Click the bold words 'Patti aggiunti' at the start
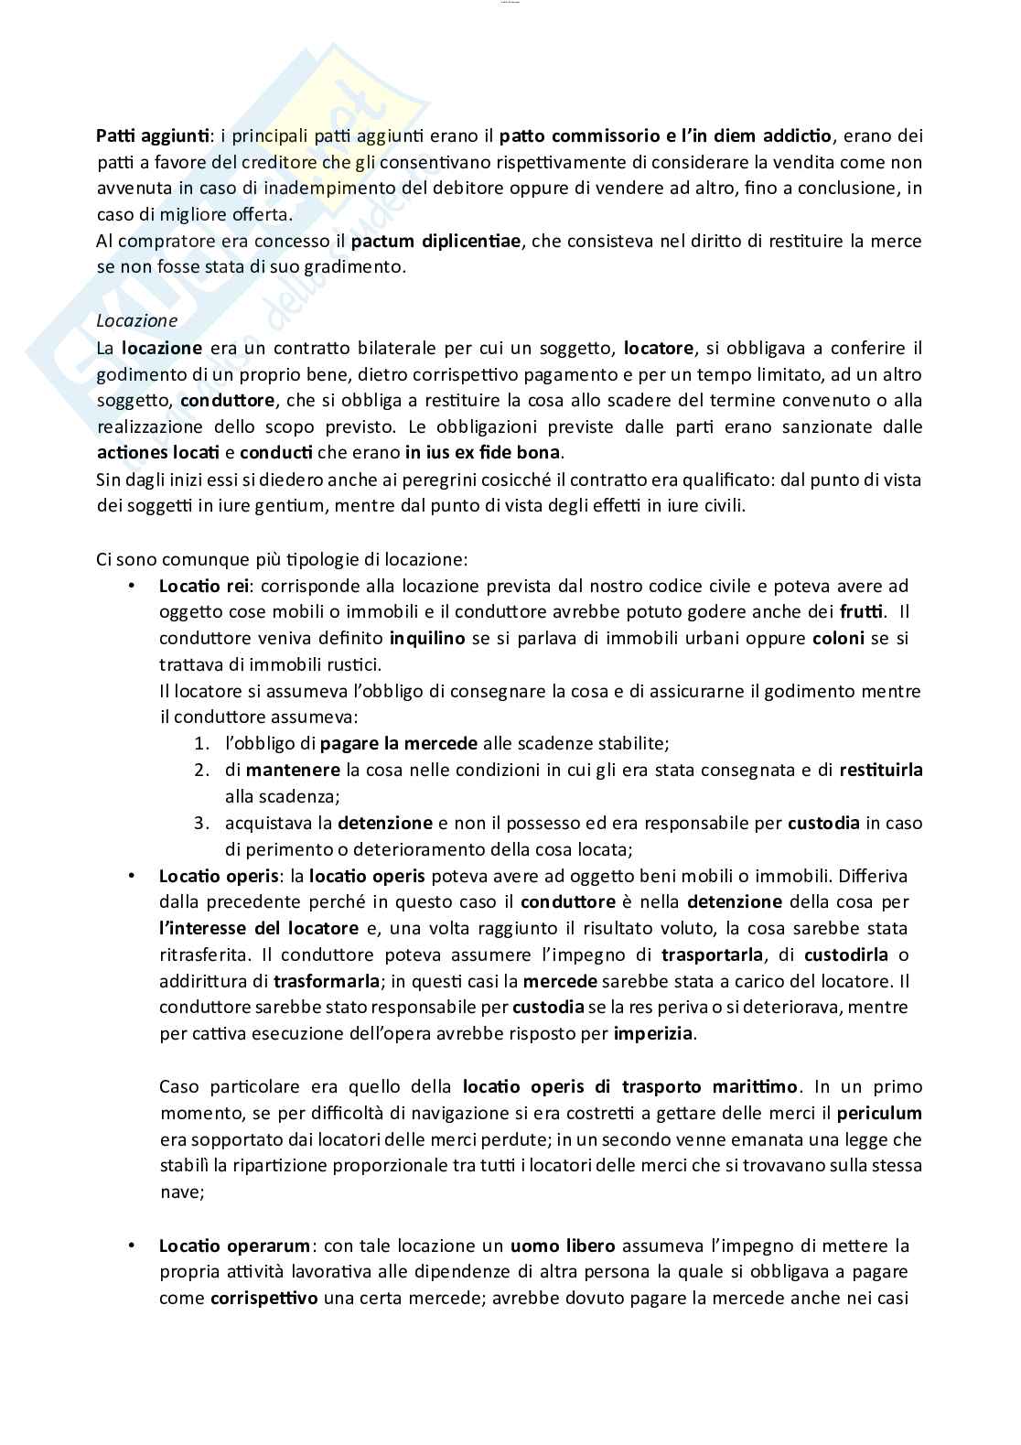[x=153, y=136]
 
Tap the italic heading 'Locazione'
[x=136, y=321]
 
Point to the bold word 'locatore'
[x=658, y=348]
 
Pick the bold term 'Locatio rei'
[x=197, y=586]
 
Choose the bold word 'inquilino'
[x=426, y=639]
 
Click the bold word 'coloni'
[x=838, y=639]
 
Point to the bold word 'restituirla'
[x=880, y=771]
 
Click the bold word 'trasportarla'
[x=712, y=954]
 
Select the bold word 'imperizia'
[x=654, y=1034]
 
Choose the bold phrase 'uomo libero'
[x=562, y=1246]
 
